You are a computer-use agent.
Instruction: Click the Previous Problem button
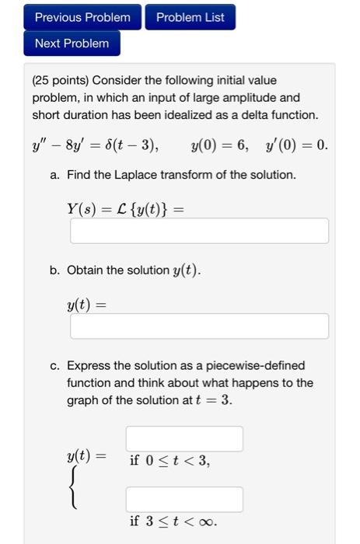click(82, 17)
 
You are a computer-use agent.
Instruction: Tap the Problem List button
click(190, 17)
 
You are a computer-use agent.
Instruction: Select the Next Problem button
click(72, 44)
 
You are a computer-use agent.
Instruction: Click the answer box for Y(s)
click(199, 231)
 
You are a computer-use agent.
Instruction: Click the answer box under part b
click(199, 326)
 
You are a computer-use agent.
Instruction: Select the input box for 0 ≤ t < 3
click(184, 439)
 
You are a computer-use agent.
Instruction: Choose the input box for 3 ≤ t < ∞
click(184, 499)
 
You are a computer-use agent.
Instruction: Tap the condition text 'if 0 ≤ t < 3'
click(170, 461)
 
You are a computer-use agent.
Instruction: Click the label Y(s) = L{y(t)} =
click(128, 208)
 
